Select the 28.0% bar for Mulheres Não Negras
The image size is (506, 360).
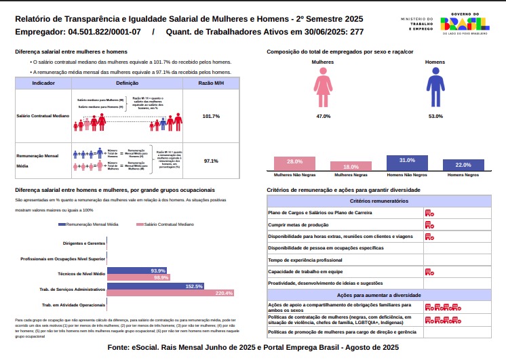(x=295, y=163)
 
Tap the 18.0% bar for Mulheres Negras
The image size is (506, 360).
(x=351, y=166)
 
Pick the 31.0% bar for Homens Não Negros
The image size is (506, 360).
(x=407, y=163)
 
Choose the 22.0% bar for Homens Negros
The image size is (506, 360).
(x=463, y=165)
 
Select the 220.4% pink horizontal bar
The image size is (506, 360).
(x=170, y=293)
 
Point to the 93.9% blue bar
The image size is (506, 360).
(x=136, y=271)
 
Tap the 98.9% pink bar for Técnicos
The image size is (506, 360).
(x=138, y=277)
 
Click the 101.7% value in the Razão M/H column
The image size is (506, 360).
(x=211, y=117)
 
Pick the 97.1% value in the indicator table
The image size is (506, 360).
(x=211, y=161)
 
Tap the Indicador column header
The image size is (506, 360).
(x=43, y=83)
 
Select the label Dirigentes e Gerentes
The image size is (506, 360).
(x=84, y=243)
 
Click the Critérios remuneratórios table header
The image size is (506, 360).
(x=379, y=201)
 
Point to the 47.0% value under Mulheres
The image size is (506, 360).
(x=323, y=117)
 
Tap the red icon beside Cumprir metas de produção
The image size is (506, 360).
(x=429, y=224)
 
